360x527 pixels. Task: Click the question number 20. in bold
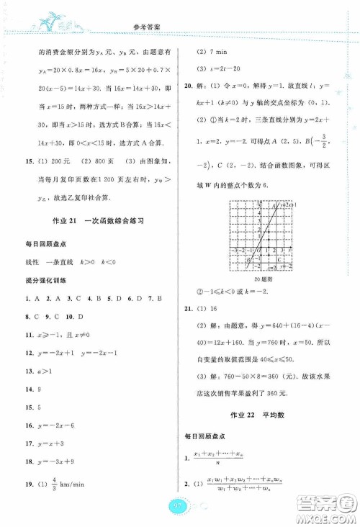188,87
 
